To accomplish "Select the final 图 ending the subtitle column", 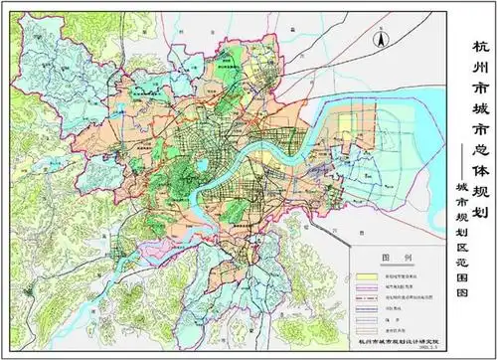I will pos(460,286).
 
